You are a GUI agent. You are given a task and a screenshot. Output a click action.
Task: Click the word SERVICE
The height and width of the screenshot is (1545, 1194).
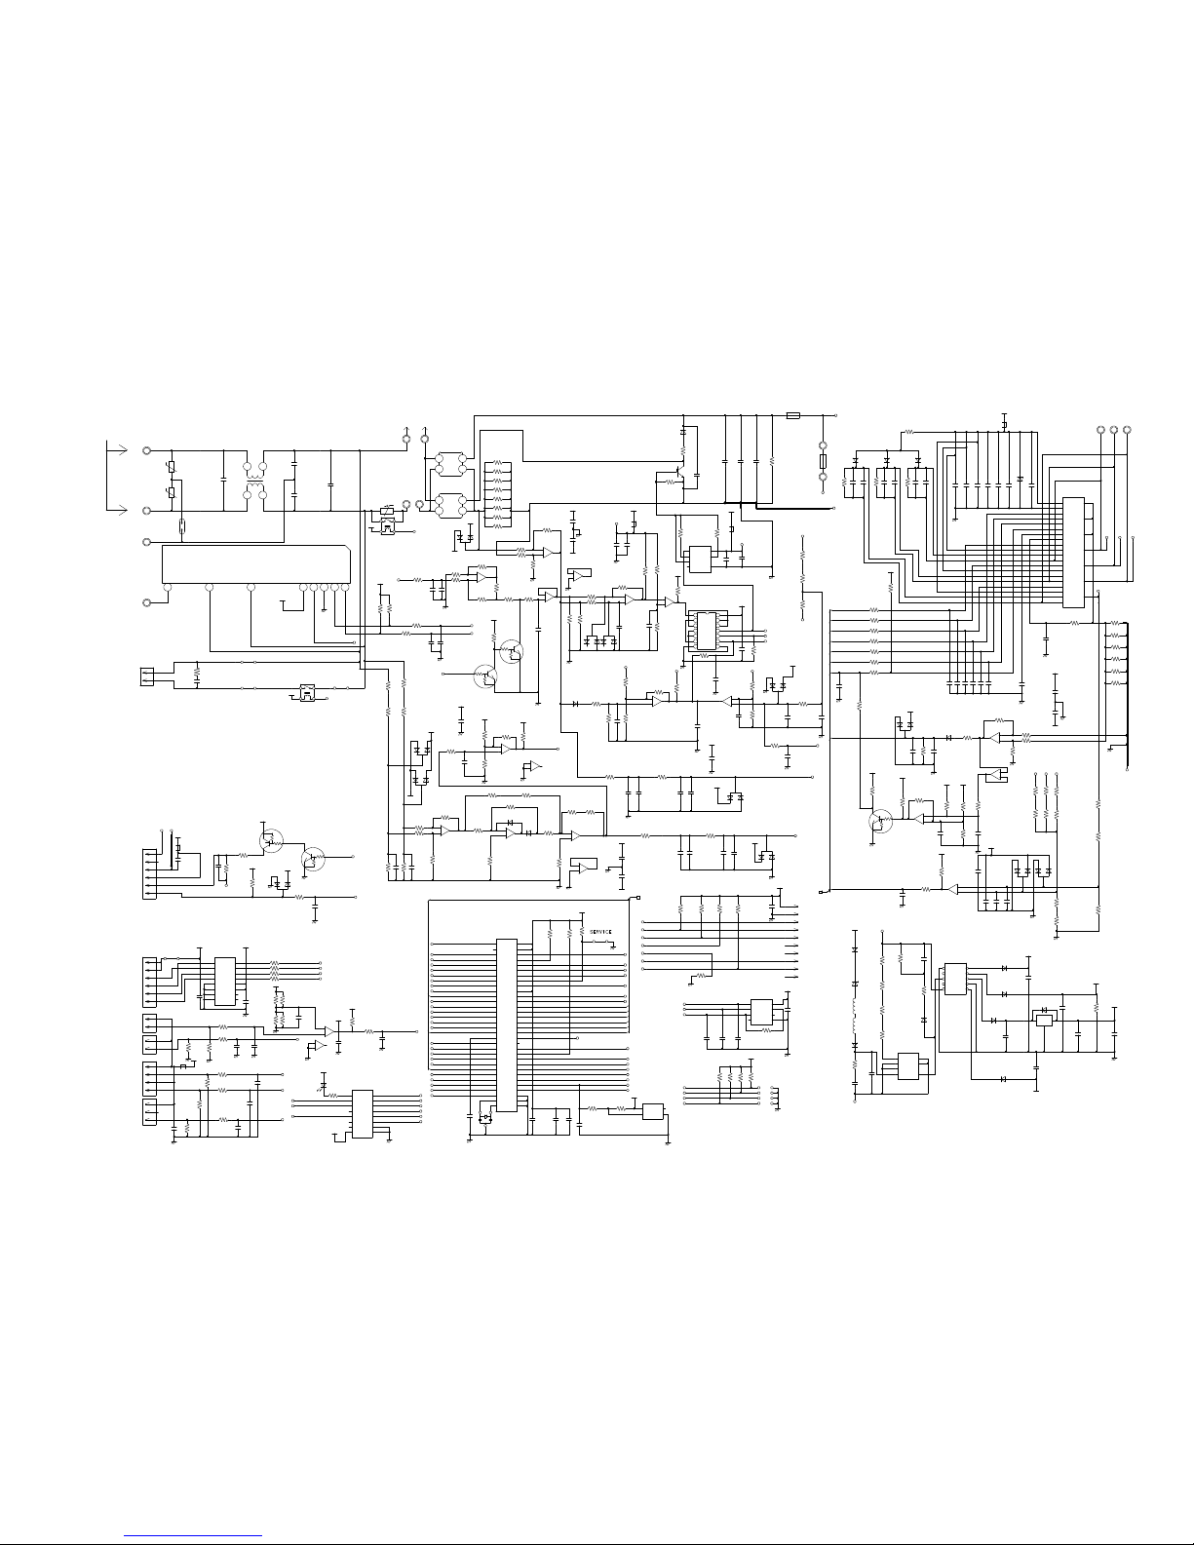click(x=600, y=932)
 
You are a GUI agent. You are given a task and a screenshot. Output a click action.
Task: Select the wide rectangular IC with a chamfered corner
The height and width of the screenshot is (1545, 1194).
click(x=255, y=563)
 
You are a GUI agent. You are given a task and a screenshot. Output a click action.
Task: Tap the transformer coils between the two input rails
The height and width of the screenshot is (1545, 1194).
click(x=254, y=481)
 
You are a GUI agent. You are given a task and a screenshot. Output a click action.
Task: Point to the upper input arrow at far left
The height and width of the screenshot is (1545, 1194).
click(x=117, y=449)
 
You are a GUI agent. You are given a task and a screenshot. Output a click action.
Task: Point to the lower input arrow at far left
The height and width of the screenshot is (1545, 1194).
click(x=117, y=510)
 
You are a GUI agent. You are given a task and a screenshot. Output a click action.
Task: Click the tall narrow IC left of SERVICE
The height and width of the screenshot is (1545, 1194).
click(x=507, y=1025)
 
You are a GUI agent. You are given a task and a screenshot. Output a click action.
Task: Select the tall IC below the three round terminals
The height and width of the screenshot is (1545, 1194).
click(x=1073, y=553)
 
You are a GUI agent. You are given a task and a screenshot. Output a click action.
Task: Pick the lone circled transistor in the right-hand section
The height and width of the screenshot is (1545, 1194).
click(x=880, y=821)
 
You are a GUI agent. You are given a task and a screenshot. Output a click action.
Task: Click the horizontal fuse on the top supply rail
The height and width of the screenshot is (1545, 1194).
click(x=793, y=415)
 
